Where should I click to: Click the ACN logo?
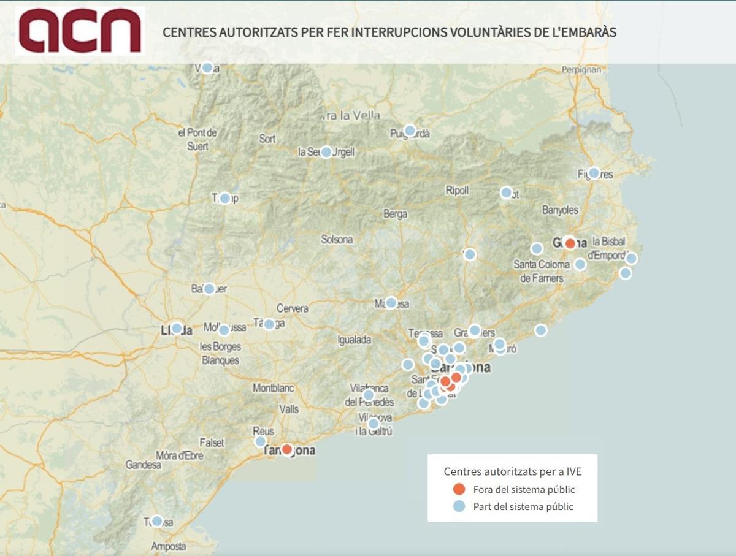coord(80,31)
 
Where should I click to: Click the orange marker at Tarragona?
coord(286,449)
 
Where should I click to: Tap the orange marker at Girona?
coord(570,243)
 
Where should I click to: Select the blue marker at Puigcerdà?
coord(410,131)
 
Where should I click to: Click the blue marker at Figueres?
coord(594,173)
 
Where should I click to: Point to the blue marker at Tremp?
coord(224,198)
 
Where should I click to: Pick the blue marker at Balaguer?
coord(209,289)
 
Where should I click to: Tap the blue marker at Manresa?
coord(391,302)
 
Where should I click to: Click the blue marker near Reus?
coord(260,441)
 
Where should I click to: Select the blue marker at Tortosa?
coord(157,521)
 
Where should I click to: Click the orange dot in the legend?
coord(459,489)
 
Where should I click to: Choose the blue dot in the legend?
coord(459,506)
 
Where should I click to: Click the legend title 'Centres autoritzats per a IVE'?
coord(512,471)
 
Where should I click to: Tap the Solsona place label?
coord(337,239)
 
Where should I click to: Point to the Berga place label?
coord(395,214)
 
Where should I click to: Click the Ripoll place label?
coord(457,191)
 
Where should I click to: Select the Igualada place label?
coord(355,340)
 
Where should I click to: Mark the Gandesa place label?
coord(144,465)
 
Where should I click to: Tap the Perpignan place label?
coord(581,69)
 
